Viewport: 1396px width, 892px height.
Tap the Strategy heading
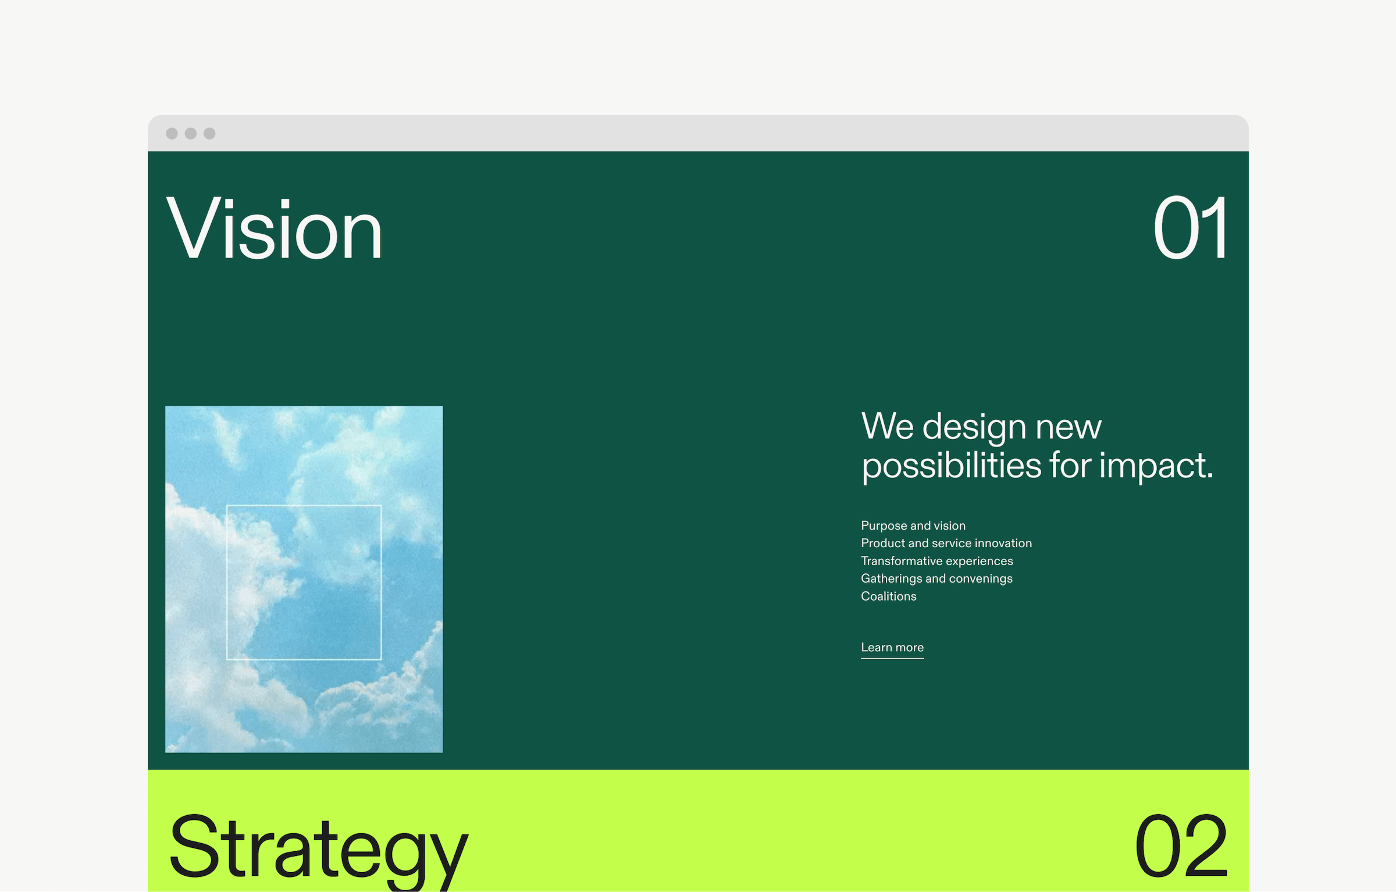(x=318, y=848)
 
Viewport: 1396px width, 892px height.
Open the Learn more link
(x=892, y=647)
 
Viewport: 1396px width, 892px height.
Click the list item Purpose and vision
(x=913, y=526)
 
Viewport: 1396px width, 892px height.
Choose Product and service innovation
(x=946, y=543)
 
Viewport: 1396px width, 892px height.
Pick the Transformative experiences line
(x=936, y=561)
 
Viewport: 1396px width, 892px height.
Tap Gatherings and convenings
(x=936, y=579)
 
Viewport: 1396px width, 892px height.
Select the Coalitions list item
(x=888, y=596)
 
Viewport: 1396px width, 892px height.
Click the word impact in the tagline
(x=1155, y=466)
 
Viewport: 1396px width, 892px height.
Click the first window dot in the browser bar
(x=172, y=134)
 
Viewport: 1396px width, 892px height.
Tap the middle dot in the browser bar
(x=191, y=134)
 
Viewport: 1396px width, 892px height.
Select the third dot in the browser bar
(x=209, y=134)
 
